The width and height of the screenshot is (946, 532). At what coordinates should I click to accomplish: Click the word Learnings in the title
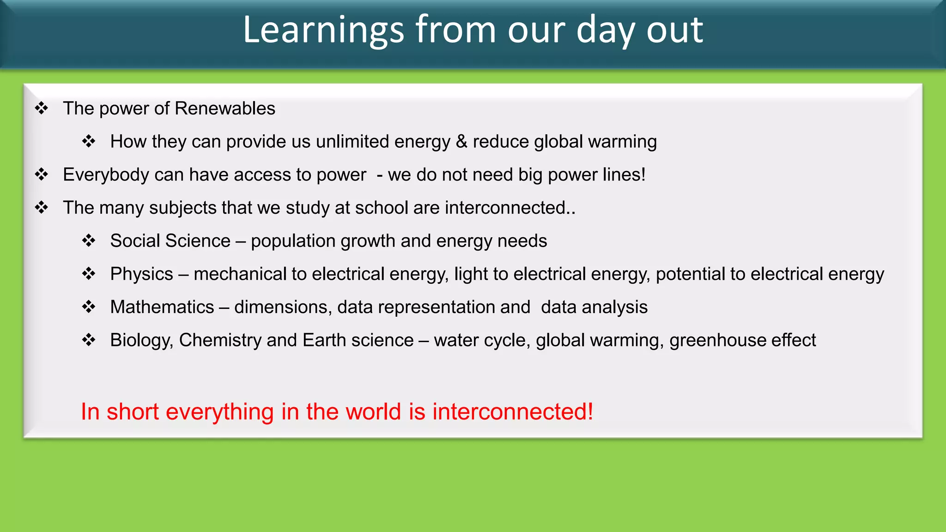point(323,30)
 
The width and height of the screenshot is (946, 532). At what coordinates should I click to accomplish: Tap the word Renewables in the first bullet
point(225,109)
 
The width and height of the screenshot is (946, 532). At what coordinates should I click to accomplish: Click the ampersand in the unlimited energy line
point(461,142)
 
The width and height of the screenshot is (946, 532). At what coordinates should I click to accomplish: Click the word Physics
point(141,274)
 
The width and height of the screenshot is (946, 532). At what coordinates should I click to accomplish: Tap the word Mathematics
point(162,307)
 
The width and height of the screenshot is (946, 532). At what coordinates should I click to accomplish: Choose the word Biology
point(141,340)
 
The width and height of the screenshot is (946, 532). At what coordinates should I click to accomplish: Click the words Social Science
point(170,241)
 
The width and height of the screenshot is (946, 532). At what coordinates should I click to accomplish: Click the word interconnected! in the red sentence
point(513,411)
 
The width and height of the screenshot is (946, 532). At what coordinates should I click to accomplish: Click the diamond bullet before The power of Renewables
point(42,109)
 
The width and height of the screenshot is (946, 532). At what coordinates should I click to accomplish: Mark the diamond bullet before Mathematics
point(89,307)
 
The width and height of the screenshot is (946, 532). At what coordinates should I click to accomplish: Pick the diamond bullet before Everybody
point(42,175)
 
